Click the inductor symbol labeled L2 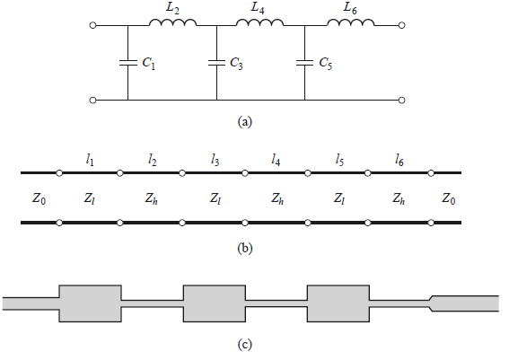(x=172, y=22)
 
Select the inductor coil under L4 (x=259, y=22)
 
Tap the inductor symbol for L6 (x=351, y=22)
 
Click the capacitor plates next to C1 (x=127, y=63)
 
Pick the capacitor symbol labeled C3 (x=216, y=63)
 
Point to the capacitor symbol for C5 (x=305, y=63)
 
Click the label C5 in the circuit (x=325, y=64)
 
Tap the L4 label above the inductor (x=258, y=8)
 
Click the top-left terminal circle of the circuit (x=92, y=25)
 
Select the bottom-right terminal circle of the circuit (x=401, y=100)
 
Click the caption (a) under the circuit (x=245, y=122)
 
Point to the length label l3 (x=215, y=160)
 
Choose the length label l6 (x=399, y=160)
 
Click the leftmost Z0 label (x=39, y=198)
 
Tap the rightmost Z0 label (x=448, y=198)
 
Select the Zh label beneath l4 (x=277, y=198)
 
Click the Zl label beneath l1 (x=89, y=198)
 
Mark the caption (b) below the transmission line (x=245, y=249)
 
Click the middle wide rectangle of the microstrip (x=215, y=303)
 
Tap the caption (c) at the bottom (x=245, y=345)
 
